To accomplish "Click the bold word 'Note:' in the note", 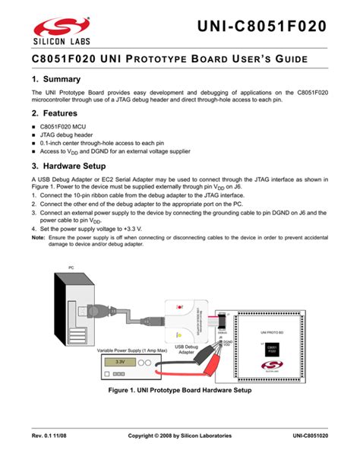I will click(x=37, y=236).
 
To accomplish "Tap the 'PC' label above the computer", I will click(x=71, y=267).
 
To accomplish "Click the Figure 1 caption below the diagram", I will click(x=180, y=389).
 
